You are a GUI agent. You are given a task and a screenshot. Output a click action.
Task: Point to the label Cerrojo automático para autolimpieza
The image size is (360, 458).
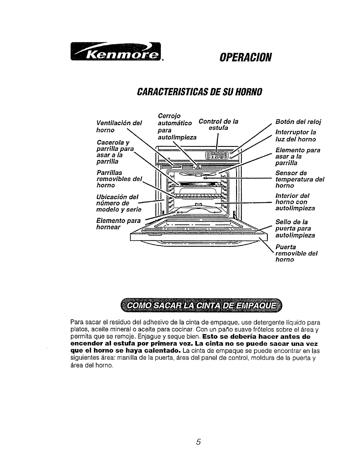175,126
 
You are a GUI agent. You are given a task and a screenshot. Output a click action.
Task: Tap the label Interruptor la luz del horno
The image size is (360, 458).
295,136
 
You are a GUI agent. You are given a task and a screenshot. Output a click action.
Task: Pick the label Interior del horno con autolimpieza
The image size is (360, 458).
295,202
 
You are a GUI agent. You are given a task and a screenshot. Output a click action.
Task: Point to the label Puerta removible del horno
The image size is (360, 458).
296,253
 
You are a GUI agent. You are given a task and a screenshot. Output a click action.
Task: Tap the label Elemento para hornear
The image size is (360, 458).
118,224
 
